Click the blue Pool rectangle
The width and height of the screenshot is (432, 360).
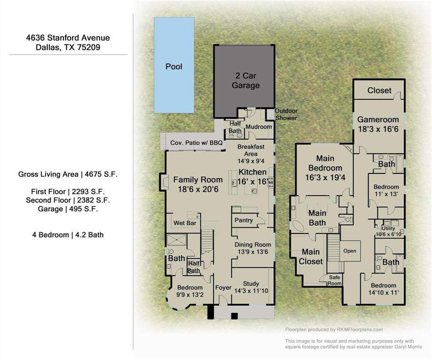point(174,66)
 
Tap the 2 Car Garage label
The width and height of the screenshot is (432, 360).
point(245,81)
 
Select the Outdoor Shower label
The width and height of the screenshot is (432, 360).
point(286,114)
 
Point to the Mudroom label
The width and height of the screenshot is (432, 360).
point(258,127)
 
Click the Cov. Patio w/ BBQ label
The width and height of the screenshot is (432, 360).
point(192,142)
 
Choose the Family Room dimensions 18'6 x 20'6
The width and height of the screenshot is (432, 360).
point(198,189)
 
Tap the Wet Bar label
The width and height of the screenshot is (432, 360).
point(185,223)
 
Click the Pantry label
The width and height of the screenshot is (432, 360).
point(243,220)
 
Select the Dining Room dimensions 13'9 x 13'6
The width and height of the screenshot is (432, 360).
point(253,252)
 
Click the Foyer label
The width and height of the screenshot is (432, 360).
point(223,287)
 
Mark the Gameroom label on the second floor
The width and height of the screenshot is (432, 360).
point(378,120)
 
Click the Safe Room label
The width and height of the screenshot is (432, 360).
point(335,280)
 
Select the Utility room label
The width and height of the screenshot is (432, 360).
point(388,228)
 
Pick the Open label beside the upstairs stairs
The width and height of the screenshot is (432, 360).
point(350,251)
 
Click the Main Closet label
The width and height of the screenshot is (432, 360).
point(311,256)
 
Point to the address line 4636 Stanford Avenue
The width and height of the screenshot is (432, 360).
point(68,38)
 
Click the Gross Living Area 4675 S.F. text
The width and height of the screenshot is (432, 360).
point(68,174)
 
